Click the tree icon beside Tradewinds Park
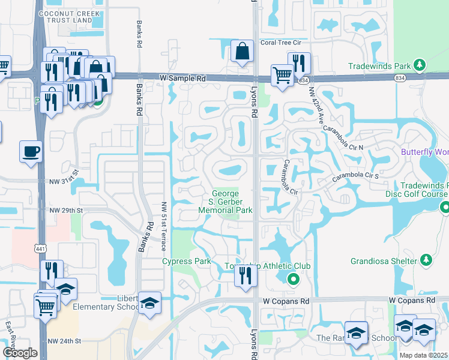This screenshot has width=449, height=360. [x=421, y=65]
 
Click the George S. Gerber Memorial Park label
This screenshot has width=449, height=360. [x=226, y=202]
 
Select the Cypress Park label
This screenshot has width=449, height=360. [x=187, y=262]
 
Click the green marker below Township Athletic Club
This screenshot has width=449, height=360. [x=293, y=278]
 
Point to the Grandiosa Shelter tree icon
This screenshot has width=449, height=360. [x=426, y=260]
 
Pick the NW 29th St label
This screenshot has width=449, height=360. [x=66, y=210]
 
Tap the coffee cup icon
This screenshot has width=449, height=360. [x=30, y=151]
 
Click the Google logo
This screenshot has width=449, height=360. [x=20, y=353]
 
